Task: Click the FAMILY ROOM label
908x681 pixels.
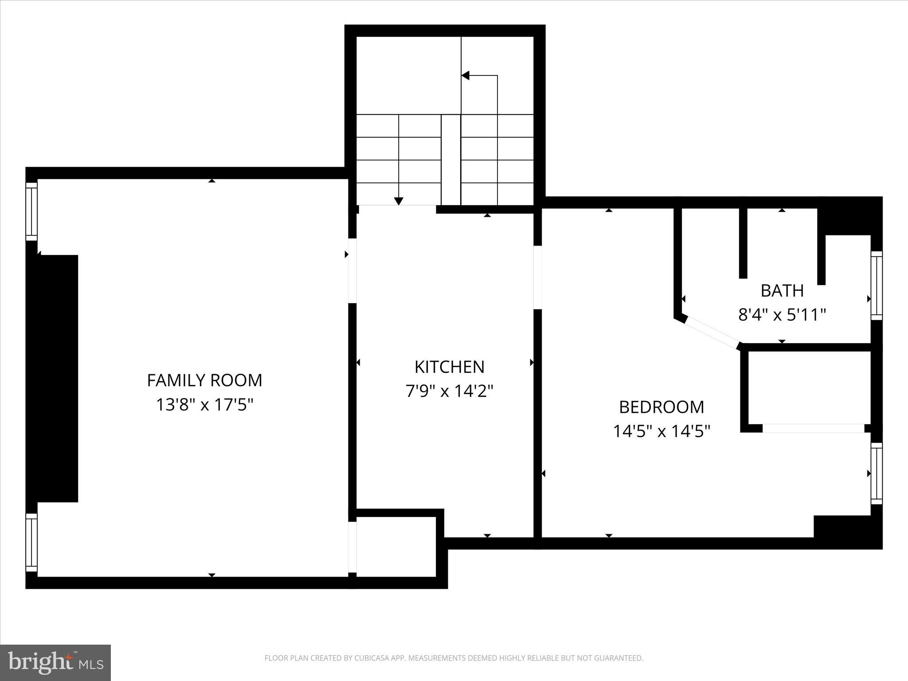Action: [x=204, y=380]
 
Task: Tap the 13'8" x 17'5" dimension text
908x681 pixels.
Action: [x=204, y=405]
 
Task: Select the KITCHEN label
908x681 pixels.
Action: [x=449, y=367]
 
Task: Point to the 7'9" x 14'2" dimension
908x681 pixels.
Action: [x=449, y=391]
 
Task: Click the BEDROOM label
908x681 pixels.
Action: [x=661, y=407]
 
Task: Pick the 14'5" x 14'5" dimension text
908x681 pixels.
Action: [x=661, y=431]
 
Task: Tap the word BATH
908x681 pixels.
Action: [x=782, y=291]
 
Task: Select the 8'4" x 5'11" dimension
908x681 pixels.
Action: [x=782, y=315]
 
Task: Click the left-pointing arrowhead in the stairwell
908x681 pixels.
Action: [x=466, y=76]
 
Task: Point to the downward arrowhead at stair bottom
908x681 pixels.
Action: [x=399, y=201]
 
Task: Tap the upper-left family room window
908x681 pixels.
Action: [x=31, y=211]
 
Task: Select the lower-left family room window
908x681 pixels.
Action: [x=31, y=542]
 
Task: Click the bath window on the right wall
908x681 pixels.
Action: [x=877, y=286]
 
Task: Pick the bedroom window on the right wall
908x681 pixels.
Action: [x=877, y=473]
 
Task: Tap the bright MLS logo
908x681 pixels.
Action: [x=55, y=662]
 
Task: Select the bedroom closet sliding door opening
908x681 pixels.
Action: [x=813, y=428]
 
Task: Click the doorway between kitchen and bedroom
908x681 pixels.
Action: [x=537, y=277]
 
